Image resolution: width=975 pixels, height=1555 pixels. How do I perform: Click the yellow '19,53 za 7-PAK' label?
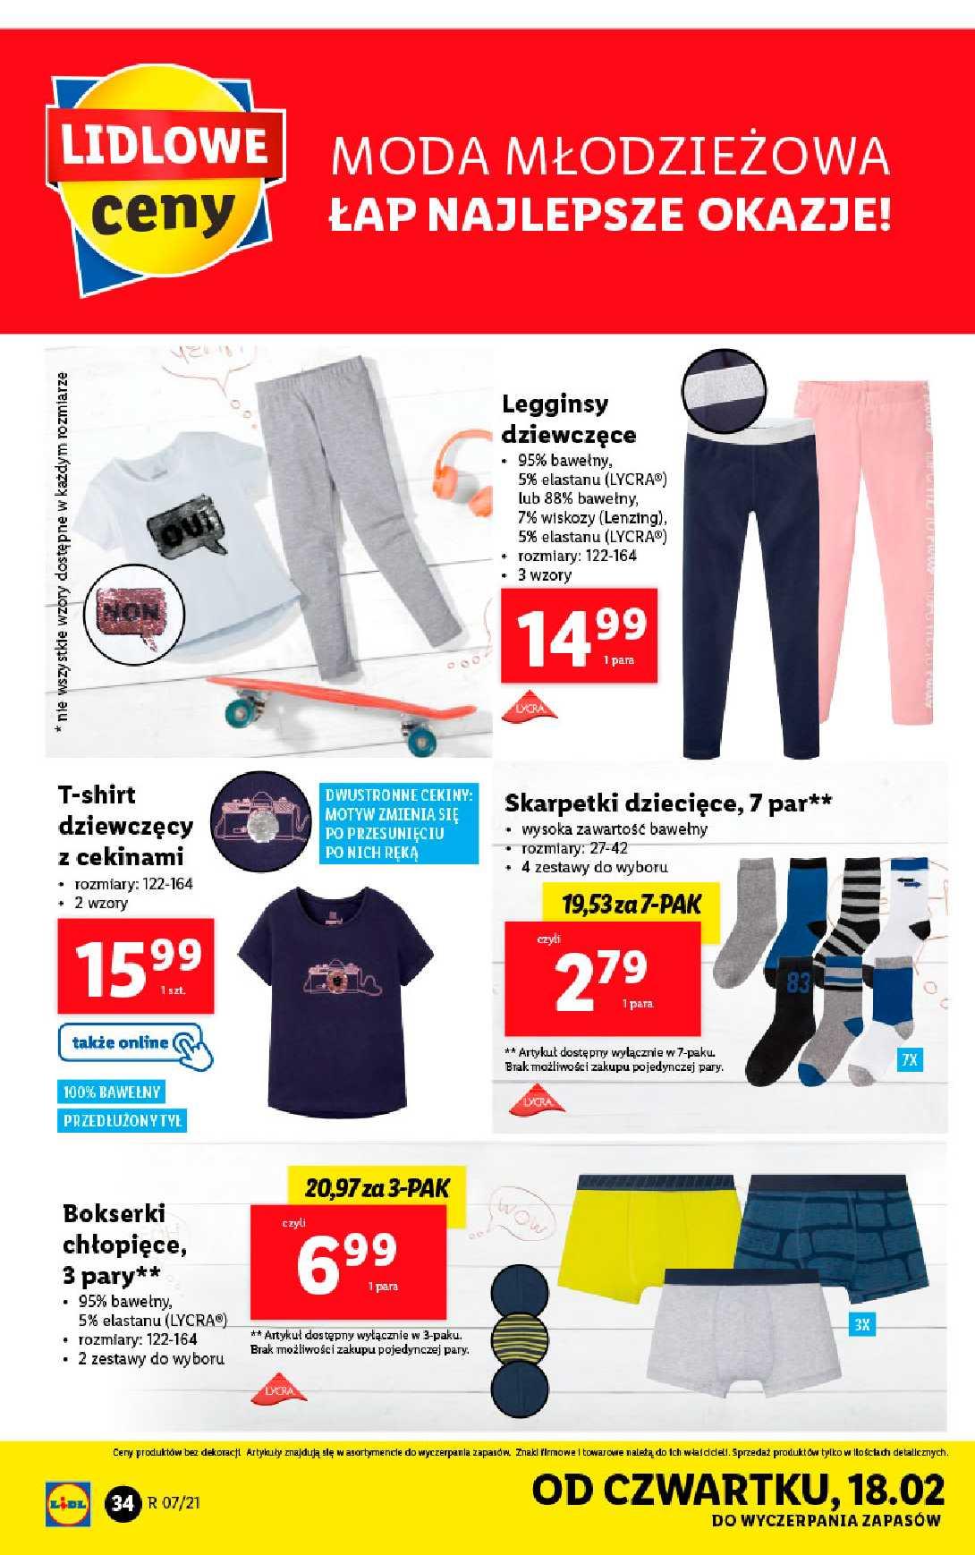[x=632, y=904]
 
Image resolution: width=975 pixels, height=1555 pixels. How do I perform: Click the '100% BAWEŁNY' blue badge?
[x=112, y=1092]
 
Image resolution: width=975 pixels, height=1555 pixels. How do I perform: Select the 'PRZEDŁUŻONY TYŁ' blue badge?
[x=123, y=1120]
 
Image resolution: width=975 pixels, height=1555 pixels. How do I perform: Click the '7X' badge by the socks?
[x=910, y=1060]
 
